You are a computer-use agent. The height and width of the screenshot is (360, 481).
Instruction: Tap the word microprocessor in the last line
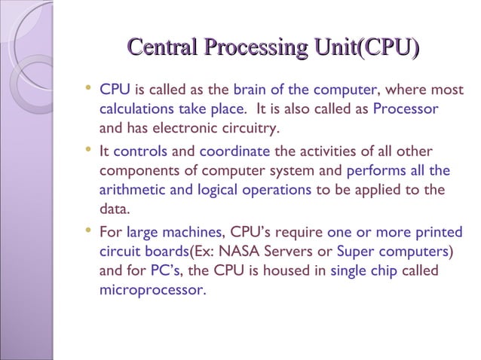coord(151,289)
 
